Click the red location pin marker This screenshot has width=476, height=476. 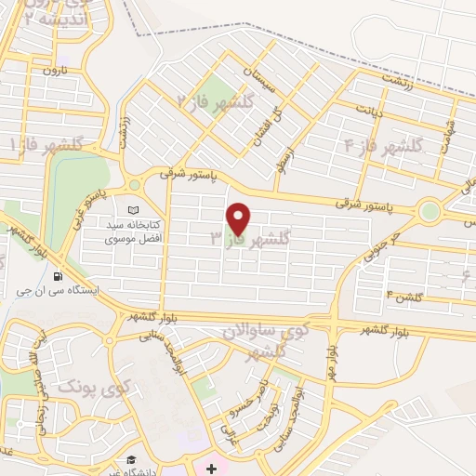[239, 218]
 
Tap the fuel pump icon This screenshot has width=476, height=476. [59, 275]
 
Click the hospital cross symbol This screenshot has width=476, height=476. [212, 467]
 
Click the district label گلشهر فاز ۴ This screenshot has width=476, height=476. [383, 145]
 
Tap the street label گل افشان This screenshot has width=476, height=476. [257, 129]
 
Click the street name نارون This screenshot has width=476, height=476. [56, 71]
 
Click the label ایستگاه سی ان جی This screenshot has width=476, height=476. [65, 290]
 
